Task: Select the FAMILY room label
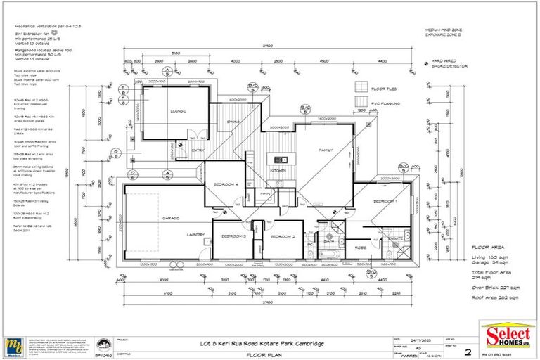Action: tap(326, 150)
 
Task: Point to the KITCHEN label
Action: tap(278, 172)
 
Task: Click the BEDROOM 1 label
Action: tap(385, 202)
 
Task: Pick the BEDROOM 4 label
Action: tap(226, 184)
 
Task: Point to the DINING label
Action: tap(234, 122)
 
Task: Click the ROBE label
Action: tap(361, 247)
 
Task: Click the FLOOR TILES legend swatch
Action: tap(362, 87)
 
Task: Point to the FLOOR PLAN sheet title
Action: tap(263, 356)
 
